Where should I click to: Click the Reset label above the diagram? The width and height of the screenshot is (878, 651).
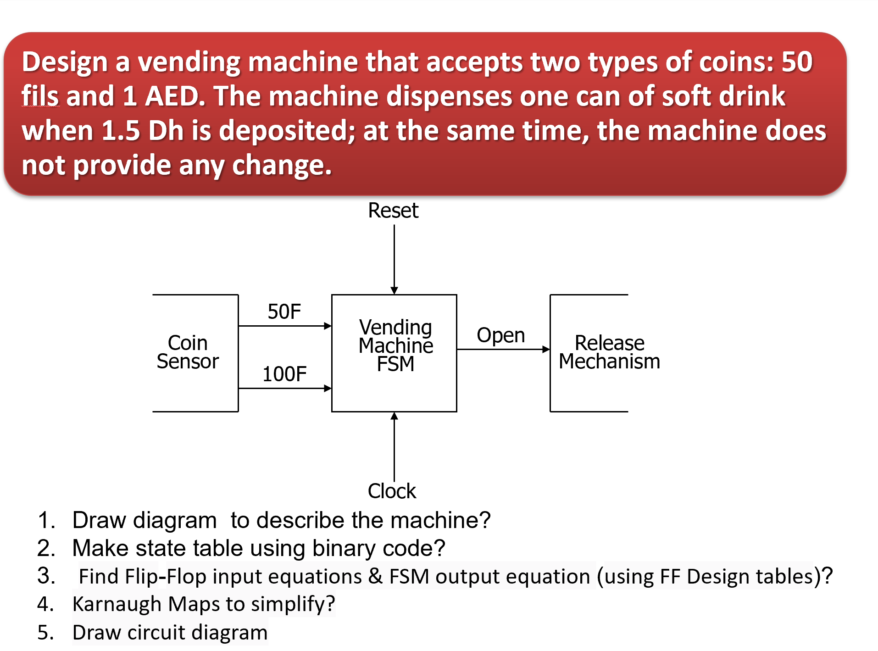[393, 211]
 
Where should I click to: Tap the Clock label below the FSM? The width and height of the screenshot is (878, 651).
[392, 491]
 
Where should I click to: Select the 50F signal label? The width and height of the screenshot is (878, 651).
[284, 312]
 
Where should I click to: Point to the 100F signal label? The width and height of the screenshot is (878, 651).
[284, 374]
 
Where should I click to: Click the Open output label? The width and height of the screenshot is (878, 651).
[500, 335]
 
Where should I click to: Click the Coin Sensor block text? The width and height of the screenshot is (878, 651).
[188, 352]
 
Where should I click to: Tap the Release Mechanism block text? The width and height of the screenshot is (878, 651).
[609, 352]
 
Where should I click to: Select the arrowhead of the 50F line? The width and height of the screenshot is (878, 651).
[328, 326]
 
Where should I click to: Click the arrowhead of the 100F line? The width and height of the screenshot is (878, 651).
[328, 389]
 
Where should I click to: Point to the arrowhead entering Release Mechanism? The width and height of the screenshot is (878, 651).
[546, 350]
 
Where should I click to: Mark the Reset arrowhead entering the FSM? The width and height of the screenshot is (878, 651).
[394, 290]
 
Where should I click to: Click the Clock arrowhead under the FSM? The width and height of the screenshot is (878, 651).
[394, 416]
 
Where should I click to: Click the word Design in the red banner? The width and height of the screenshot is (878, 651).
[64, 62]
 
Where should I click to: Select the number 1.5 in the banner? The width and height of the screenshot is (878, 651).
[120, 131]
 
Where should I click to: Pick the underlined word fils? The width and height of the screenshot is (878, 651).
[40, 96]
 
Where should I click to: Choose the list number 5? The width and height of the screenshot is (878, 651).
[45, 632]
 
